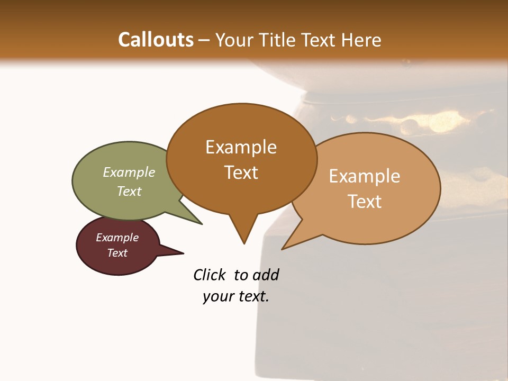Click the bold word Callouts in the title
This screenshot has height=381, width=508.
pyautogui.click(x=156, y=40)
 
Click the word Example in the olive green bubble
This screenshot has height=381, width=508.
pyautogui.click(x=129, y=172)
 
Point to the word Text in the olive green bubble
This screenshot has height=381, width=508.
pyautogui.click(x=129, y=191)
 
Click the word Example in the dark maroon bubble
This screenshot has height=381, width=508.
pyautogui.click(x=117, y=238)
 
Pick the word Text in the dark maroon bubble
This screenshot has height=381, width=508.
pyautogui.click(x=117, y=253)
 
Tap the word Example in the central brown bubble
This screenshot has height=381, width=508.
pyautogui.click(x=241, y=147)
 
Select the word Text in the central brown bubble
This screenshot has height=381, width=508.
pyautogui.click(x=241, y=173)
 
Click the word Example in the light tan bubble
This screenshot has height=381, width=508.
pyautogui.click(x=365, y=176)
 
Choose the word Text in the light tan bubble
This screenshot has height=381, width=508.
pyautogui.click(x=365, y=202)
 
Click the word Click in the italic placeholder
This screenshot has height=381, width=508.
pyautogui.click(x=210, y=275)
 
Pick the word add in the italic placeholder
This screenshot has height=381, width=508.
pyautogui.click(x=266, y=275)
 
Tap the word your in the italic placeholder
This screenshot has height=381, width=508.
pyautogui.click(x=217, y=296)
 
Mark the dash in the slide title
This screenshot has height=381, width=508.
pyautogui.click(x=205, y=40)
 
